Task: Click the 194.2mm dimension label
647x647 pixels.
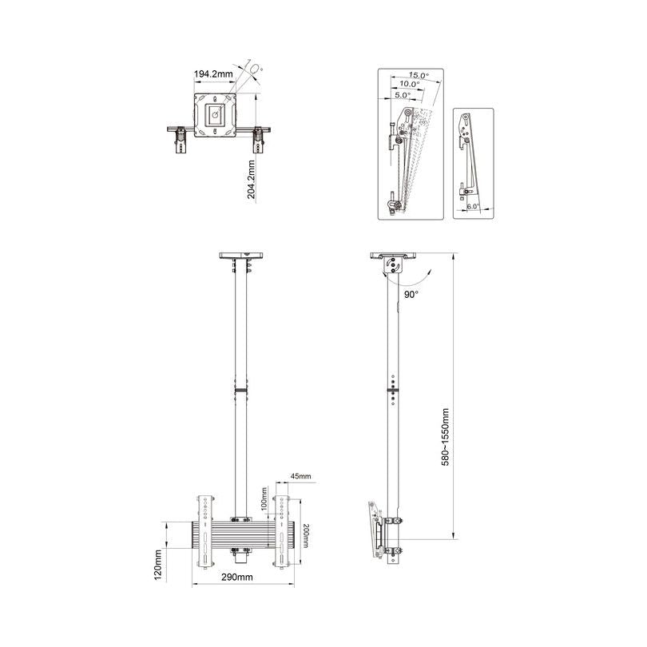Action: tap(213, 74)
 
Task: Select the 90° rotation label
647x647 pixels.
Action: tap(411, 294)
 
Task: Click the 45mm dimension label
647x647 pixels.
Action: tap(301, 476)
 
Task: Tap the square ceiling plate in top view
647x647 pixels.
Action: tap(216, 115)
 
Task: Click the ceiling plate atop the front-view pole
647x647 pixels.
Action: tap(240, 256)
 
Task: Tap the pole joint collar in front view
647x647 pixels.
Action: tap(240, 391)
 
